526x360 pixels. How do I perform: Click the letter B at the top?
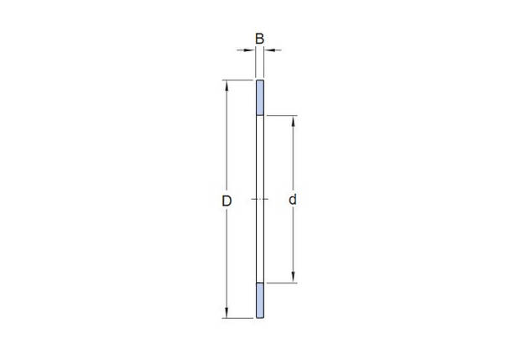(x=259, y=39)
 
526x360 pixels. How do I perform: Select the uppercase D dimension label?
(x=227, y=201)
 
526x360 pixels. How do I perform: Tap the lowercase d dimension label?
(x=293, y=199)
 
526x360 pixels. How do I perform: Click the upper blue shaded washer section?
(x=260, y=97)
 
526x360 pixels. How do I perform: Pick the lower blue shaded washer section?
(x=260, y=300)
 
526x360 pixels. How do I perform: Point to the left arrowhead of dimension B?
(x=250, y=50)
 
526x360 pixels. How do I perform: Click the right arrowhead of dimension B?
(x=270, y=50)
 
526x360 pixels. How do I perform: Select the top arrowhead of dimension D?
(x=227, y=86)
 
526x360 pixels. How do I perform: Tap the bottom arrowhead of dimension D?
(x=227, y=312)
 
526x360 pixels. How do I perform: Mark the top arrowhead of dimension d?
(x=293, y=122)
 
